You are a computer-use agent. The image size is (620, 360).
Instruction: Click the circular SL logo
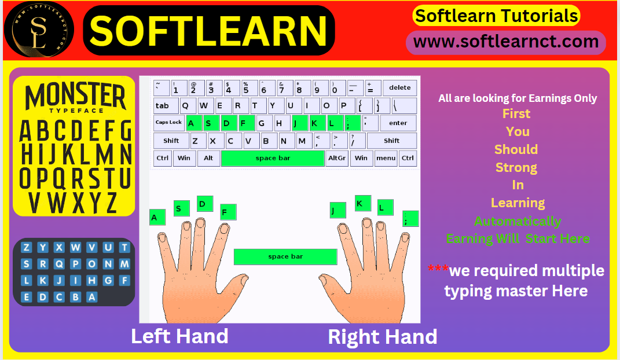tap(38, 30)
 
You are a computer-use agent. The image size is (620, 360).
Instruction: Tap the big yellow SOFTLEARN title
tap(208, 31)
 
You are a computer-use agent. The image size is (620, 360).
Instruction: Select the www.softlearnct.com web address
tap(506, 42)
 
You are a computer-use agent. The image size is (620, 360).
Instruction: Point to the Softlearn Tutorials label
tap(497, 16)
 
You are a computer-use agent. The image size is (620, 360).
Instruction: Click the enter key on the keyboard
tap(398, 123)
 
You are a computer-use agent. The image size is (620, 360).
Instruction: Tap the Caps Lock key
tap(169, 123)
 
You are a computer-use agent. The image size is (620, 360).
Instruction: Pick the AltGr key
tap(337, 158)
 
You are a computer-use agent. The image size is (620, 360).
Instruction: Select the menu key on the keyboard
tap(386, 158)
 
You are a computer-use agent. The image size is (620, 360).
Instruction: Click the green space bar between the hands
tap(285, 257)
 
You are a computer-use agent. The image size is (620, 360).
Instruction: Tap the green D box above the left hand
tap(205, 204)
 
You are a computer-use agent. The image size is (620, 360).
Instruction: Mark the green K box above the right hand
tap(363, 204)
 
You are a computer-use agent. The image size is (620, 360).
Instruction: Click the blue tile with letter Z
tap(26, 247)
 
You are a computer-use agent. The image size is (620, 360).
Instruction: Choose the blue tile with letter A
tap(91, 297)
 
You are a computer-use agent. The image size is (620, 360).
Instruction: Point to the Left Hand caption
tap(179, 336)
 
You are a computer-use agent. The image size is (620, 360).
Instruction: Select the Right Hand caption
tap(382, 337)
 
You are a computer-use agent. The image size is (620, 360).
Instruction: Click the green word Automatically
tap(518, 221)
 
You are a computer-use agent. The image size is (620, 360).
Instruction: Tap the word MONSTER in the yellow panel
tap(75, 95)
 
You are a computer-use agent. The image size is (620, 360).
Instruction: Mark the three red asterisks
tap(438, 269)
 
